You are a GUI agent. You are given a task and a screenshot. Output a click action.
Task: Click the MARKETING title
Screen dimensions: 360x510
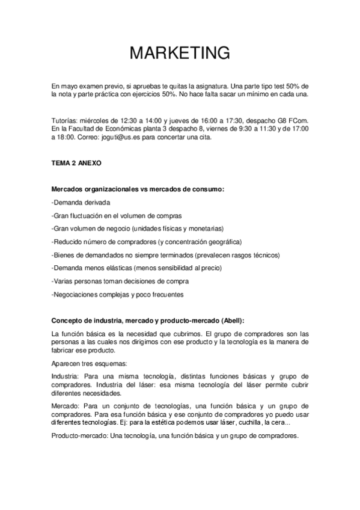coord(180,53)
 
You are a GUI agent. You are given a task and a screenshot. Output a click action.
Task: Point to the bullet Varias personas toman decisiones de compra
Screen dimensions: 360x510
coord(121,281)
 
